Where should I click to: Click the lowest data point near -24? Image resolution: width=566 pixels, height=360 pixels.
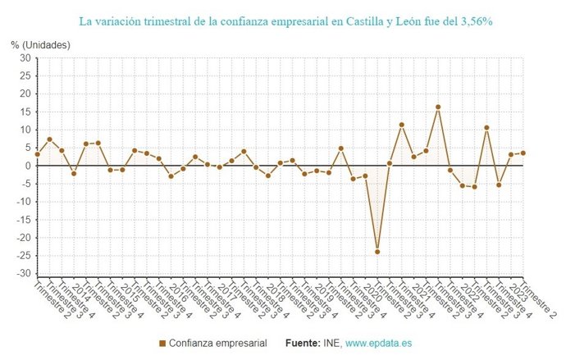(x=377, y=252)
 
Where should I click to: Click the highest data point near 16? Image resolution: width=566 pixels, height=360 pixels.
(x=438, y=107)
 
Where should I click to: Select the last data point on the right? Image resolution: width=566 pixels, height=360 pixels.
(x=523, y=153)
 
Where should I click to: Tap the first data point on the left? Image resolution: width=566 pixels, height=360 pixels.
(x=37, y=154)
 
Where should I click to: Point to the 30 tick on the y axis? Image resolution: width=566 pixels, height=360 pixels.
(x=25, y=58)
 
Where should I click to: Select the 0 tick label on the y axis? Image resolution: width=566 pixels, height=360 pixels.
(x=28, y=166)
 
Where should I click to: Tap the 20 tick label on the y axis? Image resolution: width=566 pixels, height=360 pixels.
(x=25, y=94)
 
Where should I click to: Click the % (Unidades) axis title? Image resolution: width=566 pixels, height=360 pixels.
(x=41, y=44)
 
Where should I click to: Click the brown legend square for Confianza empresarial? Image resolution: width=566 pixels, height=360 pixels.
(x=162, y=343)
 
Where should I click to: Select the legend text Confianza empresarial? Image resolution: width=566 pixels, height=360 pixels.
(x=217, y=343)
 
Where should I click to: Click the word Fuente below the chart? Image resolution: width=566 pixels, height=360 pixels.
(x=307, y=343)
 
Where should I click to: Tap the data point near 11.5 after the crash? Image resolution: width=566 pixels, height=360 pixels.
(x=402, y=125)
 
